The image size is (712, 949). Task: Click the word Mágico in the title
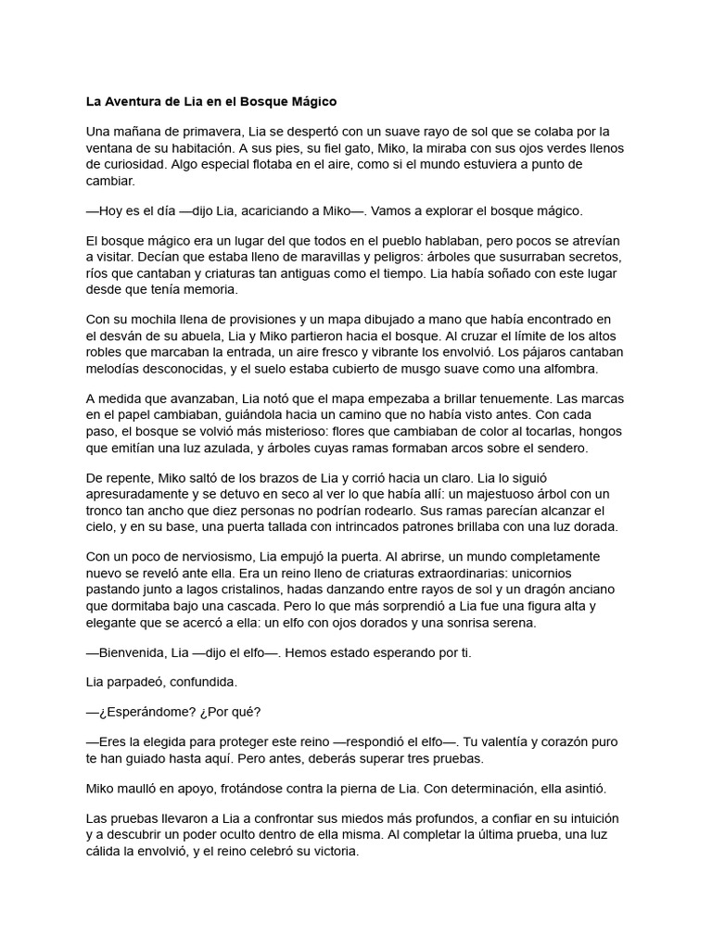(312, 100)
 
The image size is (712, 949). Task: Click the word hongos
(598, 432)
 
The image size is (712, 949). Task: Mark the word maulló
(142, 788)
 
